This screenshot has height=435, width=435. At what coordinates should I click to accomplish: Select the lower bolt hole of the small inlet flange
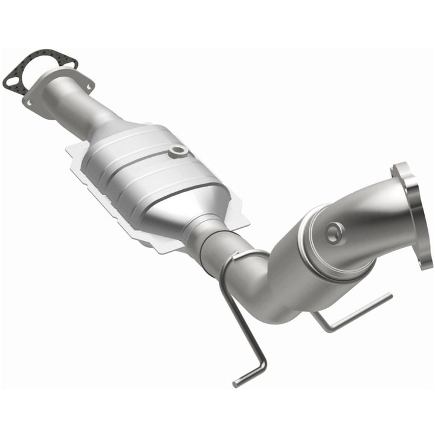(28, 102)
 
